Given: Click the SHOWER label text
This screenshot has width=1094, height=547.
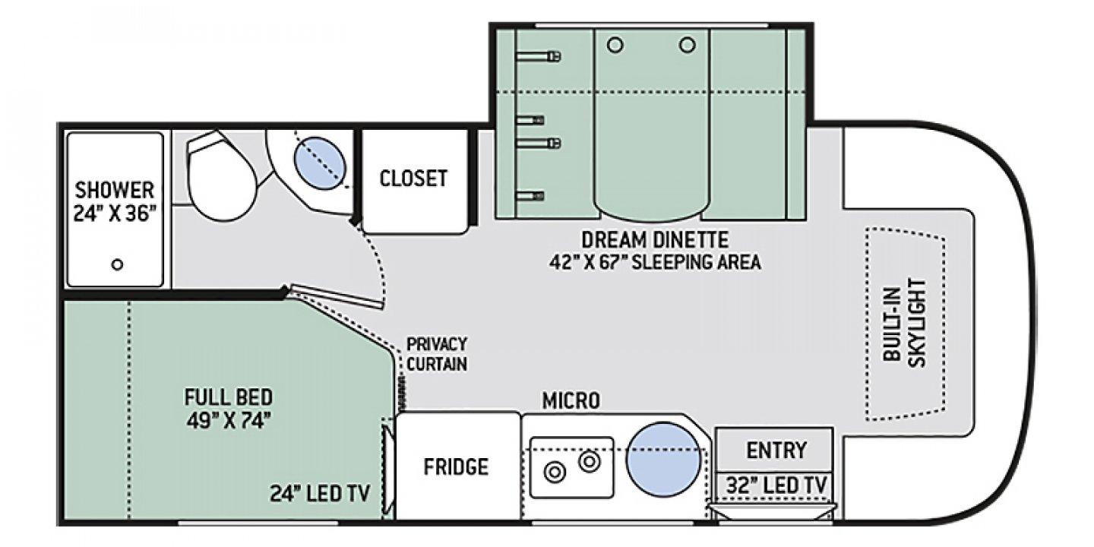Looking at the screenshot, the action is pyautogui.click(x=114, y=189).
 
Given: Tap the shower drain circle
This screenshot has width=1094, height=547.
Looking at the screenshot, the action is pyautogui.click(x=117, y=264).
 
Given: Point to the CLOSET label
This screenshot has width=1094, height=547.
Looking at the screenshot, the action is pyautogui.click(x=413, y=179).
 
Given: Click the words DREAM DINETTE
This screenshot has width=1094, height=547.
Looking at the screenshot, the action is pyautogui.click(x=655, y=240).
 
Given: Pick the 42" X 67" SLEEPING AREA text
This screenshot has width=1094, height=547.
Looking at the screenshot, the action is pyautogui.click(x=655, y=262).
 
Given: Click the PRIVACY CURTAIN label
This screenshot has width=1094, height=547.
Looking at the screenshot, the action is pyautogui.click(x=437, y=354).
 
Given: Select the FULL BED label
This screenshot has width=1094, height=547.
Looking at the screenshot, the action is pyautogui.click(x=229, y=397).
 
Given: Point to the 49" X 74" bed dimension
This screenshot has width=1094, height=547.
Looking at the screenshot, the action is pyautogui.click(x=229, y=420).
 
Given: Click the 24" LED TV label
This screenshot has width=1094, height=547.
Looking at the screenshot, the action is pyautogui.click(x=320, y=493).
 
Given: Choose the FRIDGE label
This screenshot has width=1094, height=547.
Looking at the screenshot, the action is pyautogui.click(x=456, y=467).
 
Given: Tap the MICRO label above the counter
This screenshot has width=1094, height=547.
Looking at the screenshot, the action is pyautogui.click(x=571, y=401).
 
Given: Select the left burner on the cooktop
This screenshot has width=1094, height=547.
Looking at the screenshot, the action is pyautogui.click(x=555, y=473).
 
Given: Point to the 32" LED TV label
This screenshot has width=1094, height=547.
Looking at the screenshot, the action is pyautogui.click(x=776, y=485).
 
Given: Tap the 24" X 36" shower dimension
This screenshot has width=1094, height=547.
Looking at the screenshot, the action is pyautogui.click(x=115, y=213).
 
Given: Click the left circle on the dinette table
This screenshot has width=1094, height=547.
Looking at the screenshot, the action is pyautogui.click(x=615, y=46).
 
